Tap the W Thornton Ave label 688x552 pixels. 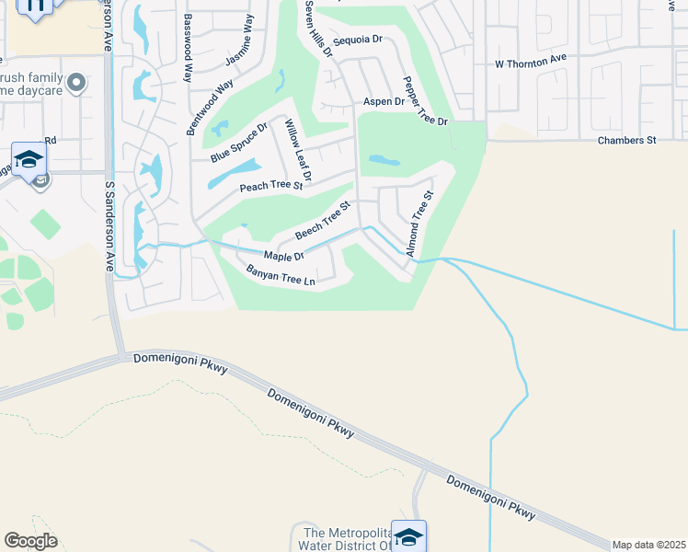click(530, 63)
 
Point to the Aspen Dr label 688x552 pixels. click(384, 101)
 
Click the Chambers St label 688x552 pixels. click(625, 140)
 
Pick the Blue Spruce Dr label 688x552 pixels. click(238, 143)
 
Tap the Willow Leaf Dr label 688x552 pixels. click(299, 150)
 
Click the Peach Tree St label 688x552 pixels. click(271, 186)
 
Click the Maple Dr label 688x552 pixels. click(283, 256)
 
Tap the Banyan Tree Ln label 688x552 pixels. click(281, 275)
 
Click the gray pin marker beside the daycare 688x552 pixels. click(77, 84)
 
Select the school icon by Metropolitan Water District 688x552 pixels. click(408, 535)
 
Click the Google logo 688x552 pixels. click(30, 541)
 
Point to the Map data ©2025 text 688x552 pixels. click(648, 545)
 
